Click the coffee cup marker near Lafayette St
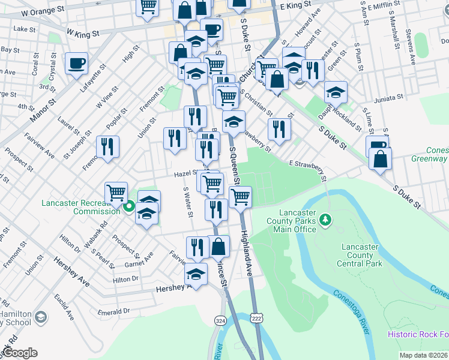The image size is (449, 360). [x=76, y=64]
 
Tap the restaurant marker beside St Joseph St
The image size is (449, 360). [x=107, y=147]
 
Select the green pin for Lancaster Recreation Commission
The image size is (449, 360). [x=128, y=208]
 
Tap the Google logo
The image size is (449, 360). [x=19, y=353]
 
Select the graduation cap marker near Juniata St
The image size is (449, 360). [x=336, y=92]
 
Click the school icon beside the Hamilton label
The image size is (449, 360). [x=40, y=316]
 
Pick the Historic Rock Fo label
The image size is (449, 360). [x=418, y=334]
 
